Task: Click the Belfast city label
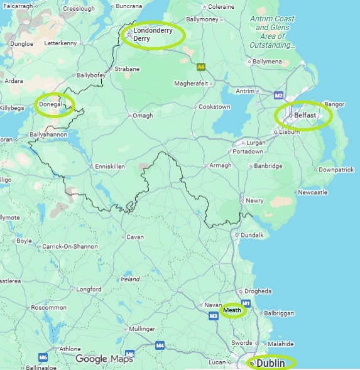(x=305, y=116)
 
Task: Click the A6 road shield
(x=201, y=66)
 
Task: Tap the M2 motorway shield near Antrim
(x=279, y=95)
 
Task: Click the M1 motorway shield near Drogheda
(x=246, y=304)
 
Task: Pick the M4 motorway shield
(x=160, y=345)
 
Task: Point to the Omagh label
(x=143, y=116)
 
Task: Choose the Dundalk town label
(x=252, y=234)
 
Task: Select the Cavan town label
(x=135, y=237)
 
